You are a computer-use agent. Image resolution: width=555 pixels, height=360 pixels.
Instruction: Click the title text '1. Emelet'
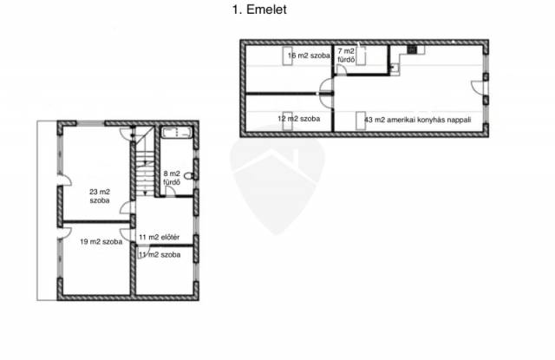tap(259, 10)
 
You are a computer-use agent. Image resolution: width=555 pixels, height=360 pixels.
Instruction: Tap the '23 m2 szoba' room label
tap(100, 196)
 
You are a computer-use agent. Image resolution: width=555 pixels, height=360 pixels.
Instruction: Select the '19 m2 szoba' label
tap(101, 242)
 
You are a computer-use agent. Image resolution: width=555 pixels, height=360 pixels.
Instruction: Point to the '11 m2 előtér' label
tap(159, 237)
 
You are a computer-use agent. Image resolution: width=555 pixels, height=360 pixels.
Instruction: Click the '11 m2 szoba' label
tap(160, 254)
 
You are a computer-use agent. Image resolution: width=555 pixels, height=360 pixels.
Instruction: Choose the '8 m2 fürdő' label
tap(172, 178)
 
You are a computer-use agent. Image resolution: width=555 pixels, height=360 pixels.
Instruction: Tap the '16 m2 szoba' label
tap(309, 56)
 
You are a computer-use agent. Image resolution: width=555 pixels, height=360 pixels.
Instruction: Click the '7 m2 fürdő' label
tap(346, 56)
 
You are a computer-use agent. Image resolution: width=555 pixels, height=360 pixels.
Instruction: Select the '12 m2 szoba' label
tap(298, 119)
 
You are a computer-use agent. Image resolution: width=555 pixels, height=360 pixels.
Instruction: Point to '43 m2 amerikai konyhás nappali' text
tap(418, 120)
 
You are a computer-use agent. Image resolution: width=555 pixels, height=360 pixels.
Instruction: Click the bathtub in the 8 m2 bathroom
tap(177, 133)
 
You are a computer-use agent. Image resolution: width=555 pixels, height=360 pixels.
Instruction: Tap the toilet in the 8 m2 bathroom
tap(189, 175)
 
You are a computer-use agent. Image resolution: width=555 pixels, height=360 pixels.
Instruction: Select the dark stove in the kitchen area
tap(412, 49)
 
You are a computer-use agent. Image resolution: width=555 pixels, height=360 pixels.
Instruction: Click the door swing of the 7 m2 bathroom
tap(341, 69)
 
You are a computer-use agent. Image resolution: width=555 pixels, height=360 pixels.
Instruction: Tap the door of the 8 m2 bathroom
tap(170, 191)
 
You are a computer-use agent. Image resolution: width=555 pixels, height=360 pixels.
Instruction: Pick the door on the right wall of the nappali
tap(477, 88)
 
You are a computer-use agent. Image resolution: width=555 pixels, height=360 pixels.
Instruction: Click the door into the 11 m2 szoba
tap(143, 252)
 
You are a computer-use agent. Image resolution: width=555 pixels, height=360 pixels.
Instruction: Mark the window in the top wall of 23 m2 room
tap(90, 123)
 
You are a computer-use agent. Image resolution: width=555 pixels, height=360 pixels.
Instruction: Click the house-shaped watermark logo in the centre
tap(277, 185)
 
